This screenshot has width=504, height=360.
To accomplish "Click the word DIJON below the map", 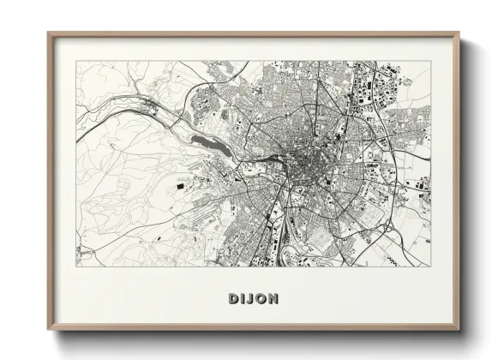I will (x=253, y=298).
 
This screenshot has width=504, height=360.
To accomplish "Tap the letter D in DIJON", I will (x=233, y=298).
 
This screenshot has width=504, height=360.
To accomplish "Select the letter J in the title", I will (x=251, y=298).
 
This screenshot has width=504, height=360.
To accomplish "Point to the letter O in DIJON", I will (x=261, y=298).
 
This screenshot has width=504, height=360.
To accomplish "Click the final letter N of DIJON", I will (x=273, y=298).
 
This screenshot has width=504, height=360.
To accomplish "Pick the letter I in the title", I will (x=243, y=298).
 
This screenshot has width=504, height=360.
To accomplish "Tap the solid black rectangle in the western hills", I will (x=180, y=184).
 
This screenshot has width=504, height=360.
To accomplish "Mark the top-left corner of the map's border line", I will (x=76, y=61).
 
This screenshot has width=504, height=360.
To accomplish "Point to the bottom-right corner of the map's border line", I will (x=431, y=266).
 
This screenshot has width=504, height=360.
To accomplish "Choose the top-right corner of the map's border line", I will (x=431, y=61).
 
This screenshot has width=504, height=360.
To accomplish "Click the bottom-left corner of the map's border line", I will (x=76, y=266).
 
